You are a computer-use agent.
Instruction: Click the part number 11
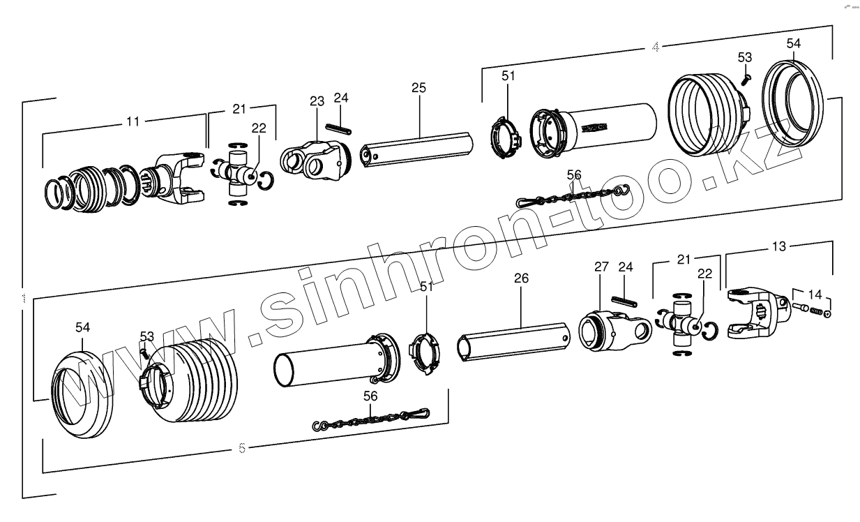point(133,121)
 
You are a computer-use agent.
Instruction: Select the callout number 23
point(317,101)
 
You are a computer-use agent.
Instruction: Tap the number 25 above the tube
point(418,87)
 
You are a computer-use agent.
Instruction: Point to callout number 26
point(521,278)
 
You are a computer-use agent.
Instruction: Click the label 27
point(601,267)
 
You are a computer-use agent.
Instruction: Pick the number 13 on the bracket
point(779,246)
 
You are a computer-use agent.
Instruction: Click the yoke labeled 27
point(614,328)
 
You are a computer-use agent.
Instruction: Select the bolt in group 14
point(800,306)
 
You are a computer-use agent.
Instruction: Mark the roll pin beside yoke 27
point(626,301)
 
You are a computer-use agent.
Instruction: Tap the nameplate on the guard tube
point(594,128)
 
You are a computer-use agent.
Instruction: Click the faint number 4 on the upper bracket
point(655,47)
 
